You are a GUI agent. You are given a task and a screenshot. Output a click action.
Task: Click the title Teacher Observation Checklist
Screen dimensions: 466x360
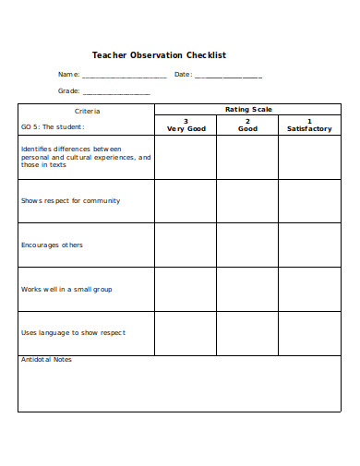(159, 55)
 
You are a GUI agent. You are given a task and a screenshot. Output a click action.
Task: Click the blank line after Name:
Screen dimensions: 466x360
(125, 76)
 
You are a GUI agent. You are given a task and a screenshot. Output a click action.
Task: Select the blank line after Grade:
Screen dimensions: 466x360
(116, 92)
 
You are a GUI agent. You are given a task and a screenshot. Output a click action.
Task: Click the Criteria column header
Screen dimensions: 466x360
(87, 111)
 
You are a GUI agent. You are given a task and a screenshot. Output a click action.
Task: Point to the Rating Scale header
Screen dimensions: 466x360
(248, 110)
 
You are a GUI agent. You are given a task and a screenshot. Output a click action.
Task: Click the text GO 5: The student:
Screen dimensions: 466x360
(53, 126)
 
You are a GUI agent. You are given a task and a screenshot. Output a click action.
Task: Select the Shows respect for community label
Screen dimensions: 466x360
(70, 200)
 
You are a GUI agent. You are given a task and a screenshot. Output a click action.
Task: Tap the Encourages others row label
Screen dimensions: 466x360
(52, 245)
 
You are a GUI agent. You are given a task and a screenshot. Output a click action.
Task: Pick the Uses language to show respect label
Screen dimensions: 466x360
(73, 332)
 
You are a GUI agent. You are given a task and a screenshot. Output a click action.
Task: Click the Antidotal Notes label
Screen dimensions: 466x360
(46, 360)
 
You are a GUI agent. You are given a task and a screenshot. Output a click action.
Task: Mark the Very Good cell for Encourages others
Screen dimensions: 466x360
(186, 245)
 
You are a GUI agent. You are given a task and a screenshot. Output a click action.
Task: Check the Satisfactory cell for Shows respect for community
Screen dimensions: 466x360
(308, 201)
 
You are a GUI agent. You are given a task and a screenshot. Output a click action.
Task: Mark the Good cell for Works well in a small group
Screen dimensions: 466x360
(247, 289)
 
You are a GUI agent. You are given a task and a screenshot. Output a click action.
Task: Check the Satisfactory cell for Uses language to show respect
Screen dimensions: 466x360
(308, 332)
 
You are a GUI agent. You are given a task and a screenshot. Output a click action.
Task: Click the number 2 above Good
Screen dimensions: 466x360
(247, 121)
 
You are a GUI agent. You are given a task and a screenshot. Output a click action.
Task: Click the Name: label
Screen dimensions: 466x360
(68, 75)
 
